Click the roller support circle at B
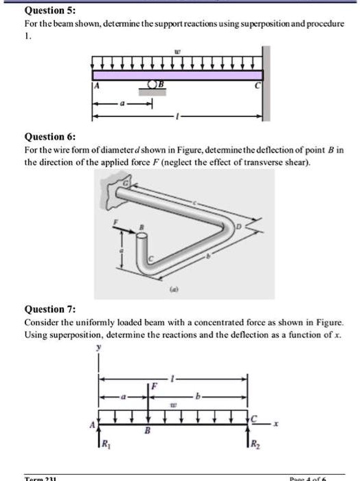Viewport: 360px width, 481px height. point(153,85)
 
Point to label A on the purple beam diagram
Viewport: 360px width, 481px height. point(97,85)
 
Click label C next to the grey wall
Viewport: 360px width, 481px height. point(257,86)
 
